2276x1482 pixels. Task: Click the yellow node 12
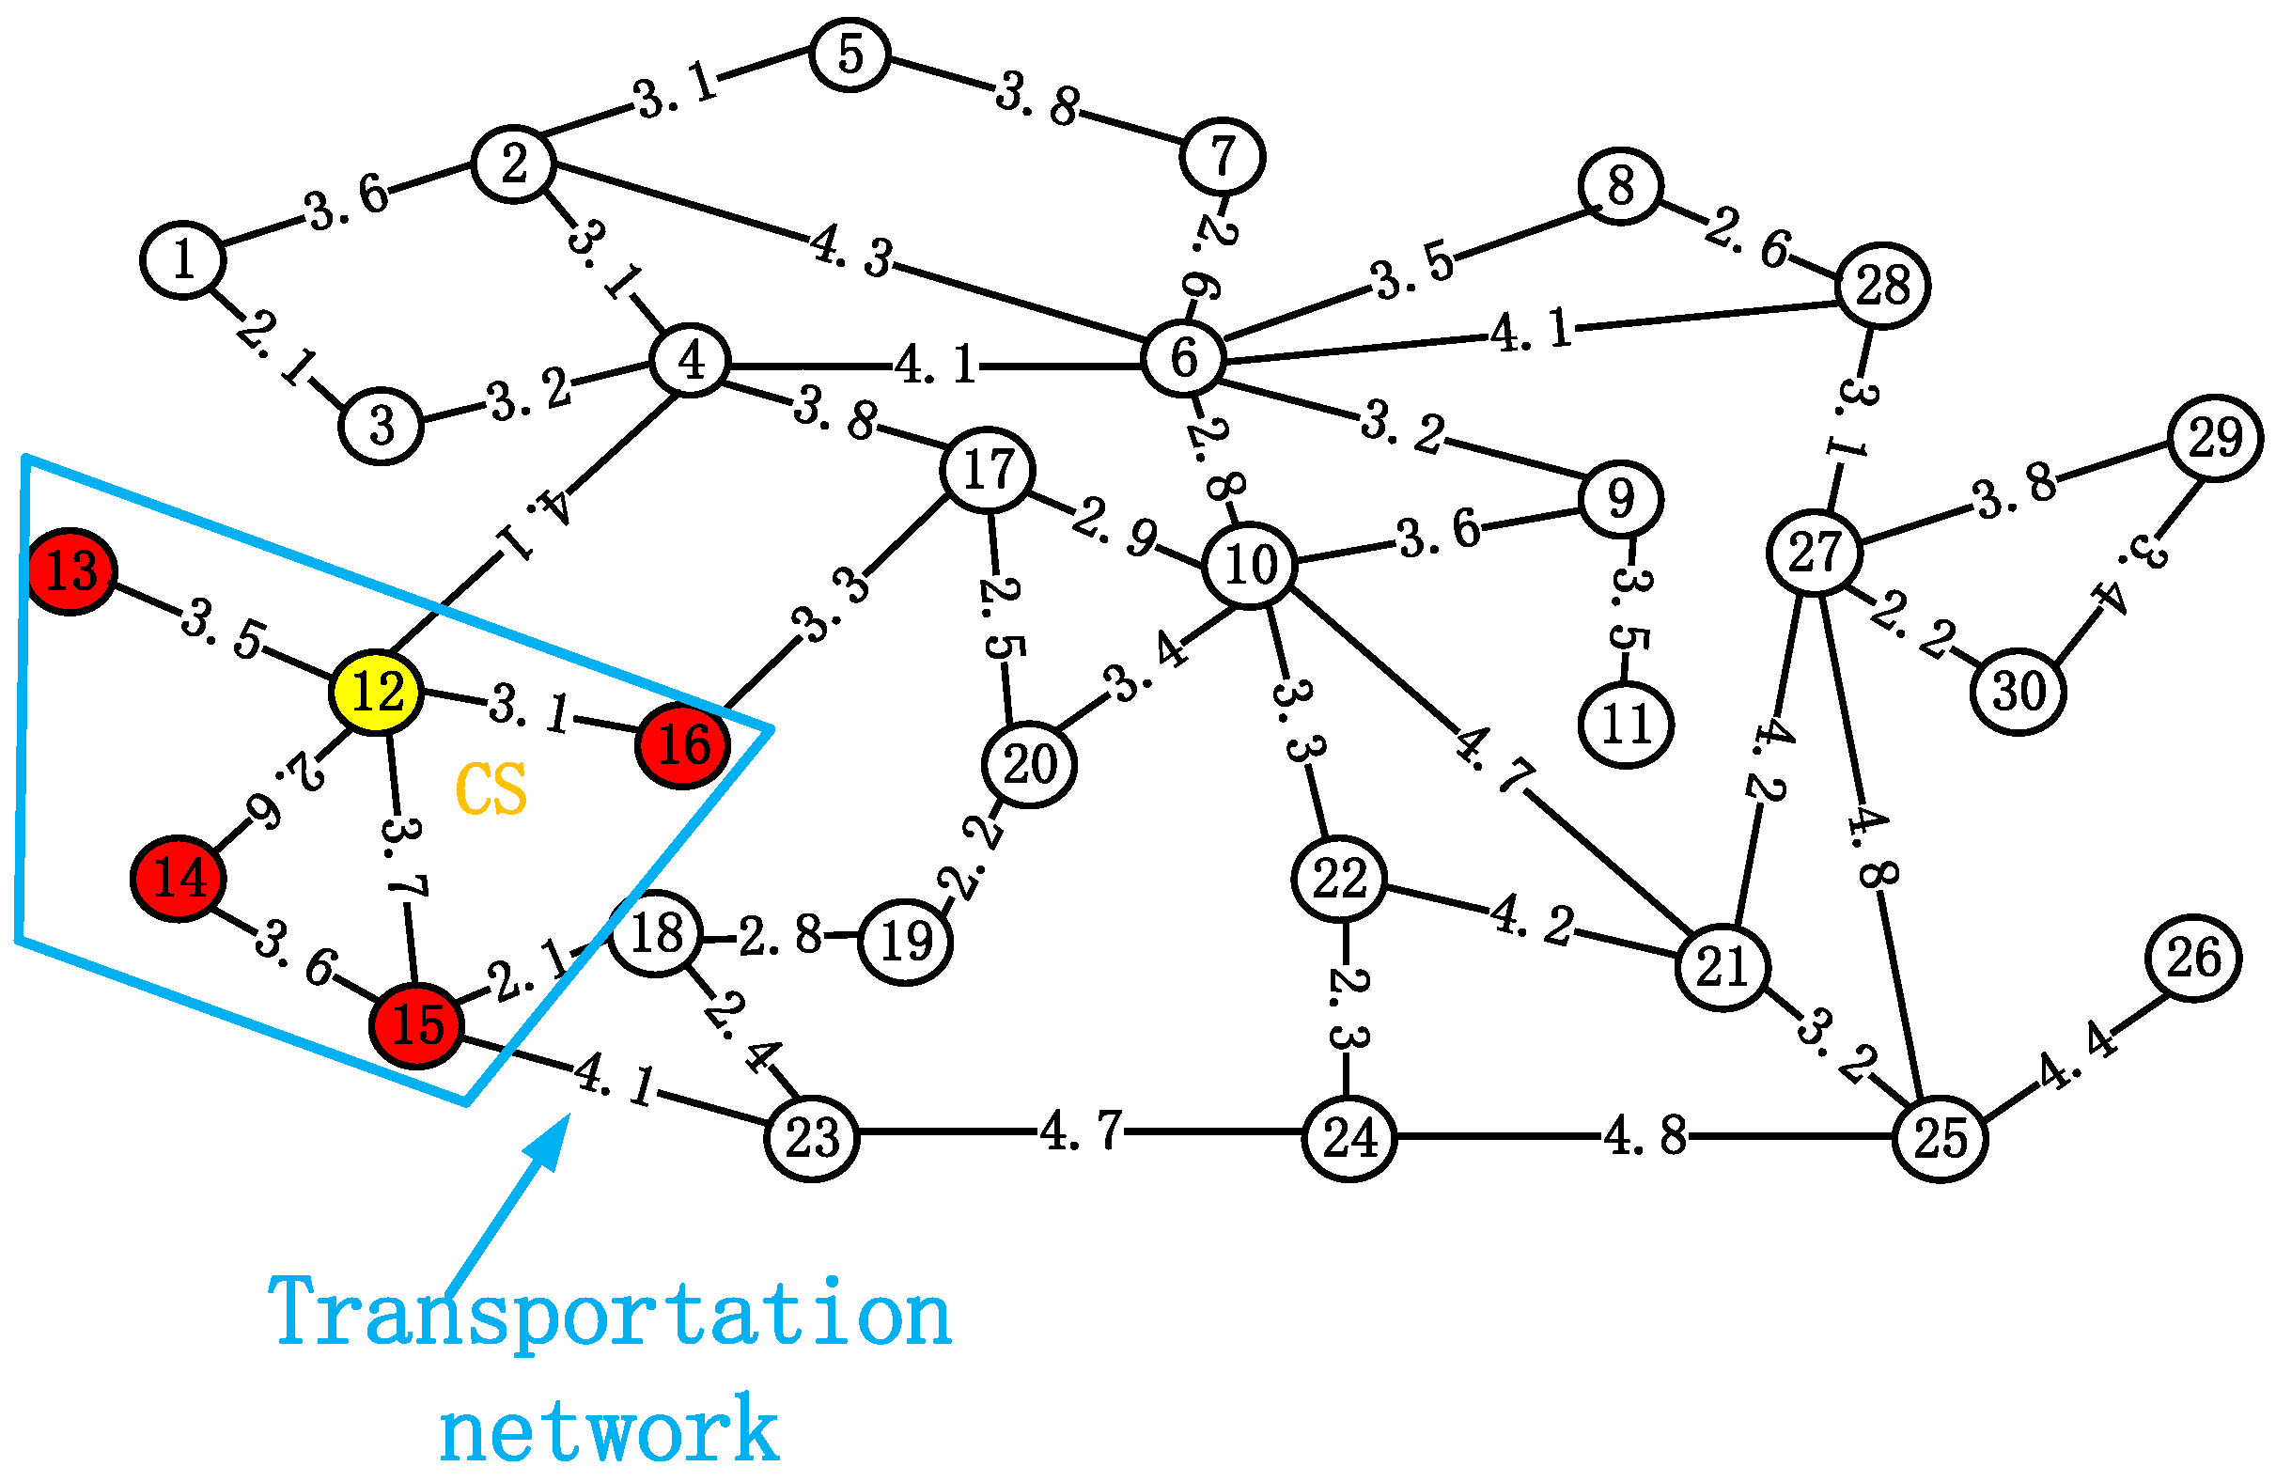coord(376,693)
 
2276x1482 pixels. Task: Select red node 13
coord(70,571)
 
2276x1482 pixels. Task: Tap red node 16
coord(683,745)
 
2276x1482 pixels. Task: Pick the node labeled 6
coord(1184,359)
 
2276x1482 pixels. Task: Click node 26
coord(2193,958)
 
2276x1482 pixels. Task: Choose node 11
coord(1626,724)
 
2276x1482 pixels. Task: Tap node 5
coord(850,54)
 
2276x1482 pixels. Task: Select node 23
coord(812,1138)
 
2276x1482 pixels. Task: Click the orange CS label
coord(491,788)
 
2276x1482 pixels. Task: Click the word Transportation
coord(609,1315)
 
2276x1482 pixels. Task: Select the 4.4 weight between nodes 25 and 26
coord(2077,1055)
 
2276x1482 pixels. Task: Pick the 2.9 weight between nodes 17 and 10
coord(1115,527)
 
